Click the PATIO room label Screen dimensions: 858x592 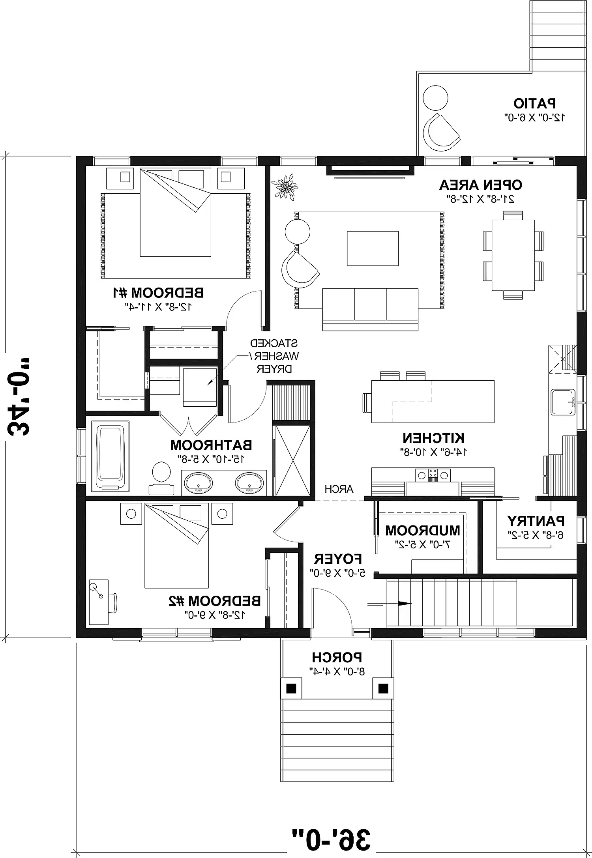point(535,103)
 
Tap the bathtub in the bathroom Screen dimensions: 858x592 point(110,456)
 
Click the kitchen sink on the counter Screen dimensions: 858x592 point(563,402)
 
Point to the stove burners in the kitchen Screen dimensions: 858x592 point(433,475)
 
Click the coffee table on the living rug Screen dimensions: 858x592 point(373,249)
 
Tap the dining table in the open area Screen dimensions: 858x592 point(513,255)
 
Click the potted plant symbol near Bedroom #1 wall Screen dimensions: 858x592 point(285,186)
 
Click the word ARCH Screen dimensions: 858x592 point(339,489)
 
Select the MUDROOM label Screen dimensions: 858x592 point(423,531)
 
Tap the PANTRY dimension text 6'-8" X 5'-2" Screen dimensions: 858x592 point(536,535)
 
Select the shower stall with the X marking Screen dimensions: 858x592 point(292,460)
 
